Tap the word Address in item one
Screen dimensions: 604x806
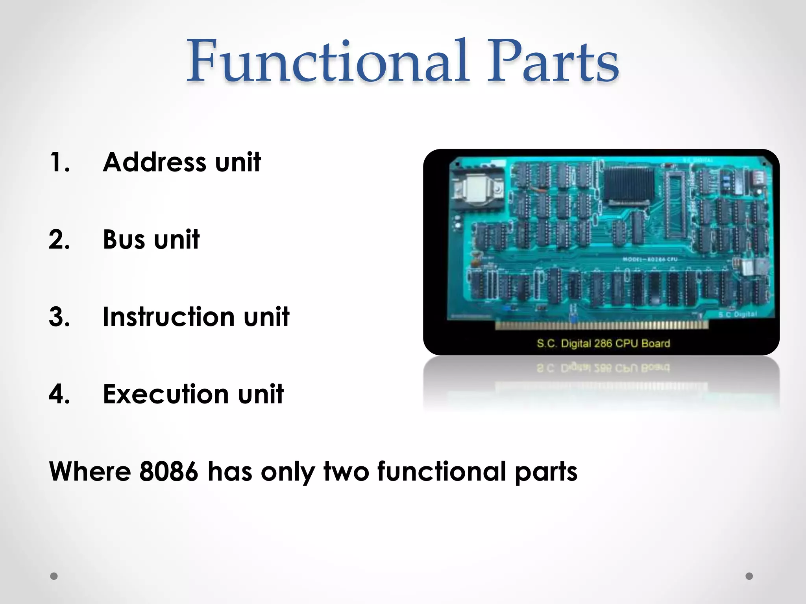pyautogui.click(x=154, y=162)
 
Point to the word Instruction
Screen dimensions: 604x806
pyautogui.click(x=168, y=317)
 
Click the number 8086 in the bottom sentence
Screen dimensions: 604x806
pyautogui.click(x=168, y=471)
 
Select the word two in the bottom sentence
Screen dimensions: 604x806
pyautogui.click(x=346, y=471)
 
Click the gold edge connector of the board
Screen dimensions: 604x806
pyautogui.click(x=601, y=325)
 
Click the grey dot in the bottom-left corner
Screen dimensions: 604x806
pyautogui.click(x=54, y=576)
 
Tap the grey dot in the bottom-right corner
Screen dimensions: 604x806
pyautogui.click(x=749, y=576)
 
